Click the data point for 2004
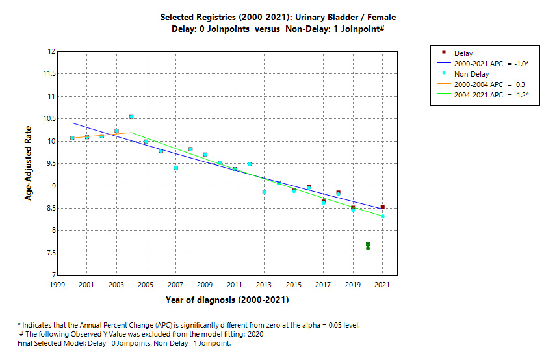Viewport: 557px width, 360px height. [x=131, y=117]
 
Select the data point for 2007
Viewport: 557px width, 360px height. [x=175, y=168]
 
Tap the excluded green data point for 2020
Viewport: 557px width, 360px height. [x=368, y=246]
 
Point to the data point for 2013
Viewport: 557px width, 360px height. [x=265, y=192]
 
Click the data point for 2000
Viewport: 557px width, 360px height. [x=72, y=138]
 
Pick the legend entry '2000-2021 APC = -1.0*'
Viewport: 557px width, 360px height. [x=491, y=64]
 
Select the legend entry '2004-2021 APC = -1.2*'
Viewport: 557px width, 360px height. [x=491, y=95]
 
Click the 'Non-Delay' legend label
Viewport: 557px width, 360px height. [x=471, y=74]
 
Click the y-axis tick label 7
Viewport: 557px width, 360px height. [x=51, y=276]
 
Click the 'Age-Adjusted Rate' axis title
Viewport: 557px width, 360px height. [x=29, y=163]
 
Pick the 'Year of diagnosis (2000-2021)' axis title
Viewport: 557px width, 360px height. [x=227, y=300]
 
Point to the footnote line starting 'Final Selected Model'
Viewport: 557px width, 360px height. [x=124, y=343]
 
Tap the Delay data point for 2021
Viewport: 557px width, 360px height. [x=383, y=207]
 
